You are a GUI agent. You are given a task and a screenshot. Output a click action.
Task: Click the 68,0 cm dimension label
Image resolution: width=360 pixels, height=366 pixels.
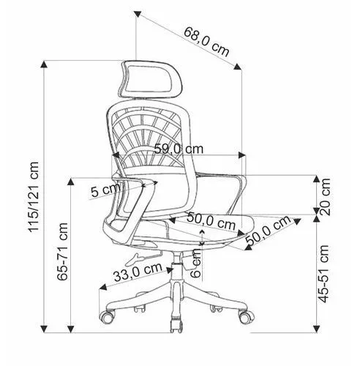pos(206,42)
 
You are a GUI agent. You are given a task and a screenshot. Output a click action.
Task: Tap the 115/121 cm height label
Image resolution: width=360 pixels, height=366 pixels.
pos(34,197)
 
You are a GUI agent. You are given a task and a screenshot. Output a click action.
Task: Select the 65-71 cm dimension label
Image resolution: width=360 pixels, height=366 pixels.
pos(62,252)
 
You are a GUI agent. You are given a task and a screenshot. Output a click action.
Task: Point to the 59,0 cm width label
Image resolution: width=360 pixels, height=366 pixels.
pos(179,149)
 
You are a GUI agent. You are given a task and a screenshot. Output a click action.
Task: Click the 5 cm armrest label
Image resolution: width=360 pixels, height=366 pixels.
pos(105,190)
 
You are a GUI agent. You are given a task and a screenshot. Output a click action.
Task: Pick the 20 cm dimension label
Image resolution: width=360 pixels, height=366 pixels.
pos(325,197)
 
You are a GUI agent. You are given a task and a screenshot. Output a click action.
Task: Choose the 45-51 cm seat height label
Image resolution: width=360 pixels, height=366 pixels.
pos(323,274)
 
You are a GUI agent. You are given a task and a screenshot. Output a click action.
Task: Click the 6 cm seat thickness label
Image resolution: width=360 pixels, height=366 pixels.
pos(196,264)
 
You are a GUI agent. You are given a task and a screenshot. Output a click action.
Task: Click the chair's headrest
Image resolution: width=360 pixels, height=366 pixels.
pos(151,79)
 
